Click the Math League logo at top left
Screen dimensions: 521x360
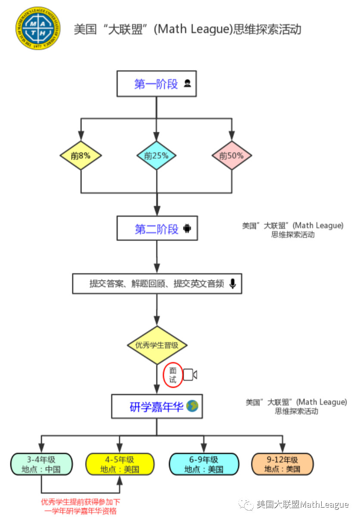[x=38, y=28]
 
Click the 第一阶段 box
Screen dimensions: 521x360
[x=156, y=84]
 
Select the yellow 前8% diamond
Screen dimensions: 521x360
[x=81, y=155]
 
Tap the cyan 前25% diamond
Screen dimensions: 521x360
[x=156, y=155]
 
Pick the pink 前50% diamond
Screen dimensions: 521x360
[x=231, y=155]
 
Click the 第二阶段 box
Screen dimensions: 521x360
[x=157, y=229]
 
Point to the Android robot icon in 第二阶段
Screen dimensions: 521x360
[x=187, y=229]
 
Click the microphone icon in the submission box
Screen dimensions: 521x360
[x=233, y=284]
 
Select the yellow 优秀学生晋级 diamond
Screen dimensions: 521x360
[x=157, y=345]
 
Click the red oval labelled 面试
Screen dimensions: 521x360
[x=173, y=375]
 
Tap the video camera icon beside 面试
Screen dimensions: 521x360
[x=190, y=375]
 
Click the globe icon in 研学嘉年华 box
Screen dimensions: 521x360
[x=192, y=406]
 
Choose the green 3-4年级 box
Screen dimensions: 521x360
[x=41, y=464]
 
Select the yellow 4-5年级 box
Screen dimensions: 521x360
[x=120, y=464]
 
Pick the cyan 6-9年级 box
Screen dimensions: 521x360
[x=204, y=464]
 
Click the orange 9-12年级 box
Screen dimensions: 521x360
[x=282, y=464]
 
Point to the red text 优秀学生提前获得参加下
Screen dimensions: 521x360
[x=81, y=502]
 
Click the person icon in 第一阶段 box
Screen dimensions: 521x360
[x=187, y=84]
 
